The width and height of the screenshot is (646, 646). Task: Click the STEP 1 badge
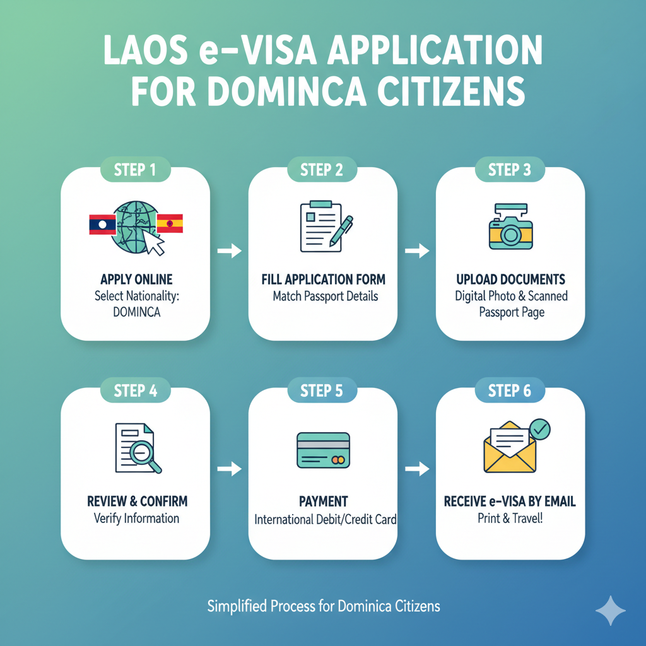point(135,170)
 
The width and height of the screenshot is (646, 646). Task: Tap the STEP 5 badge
point(322,391)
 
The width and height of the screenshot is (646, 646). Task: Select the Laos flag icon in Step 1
point(102,224)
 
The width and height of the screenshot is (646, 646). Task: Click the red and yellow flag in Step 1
point(169,223)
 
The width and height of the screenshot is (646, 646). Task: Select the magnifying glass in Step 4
point(146,455)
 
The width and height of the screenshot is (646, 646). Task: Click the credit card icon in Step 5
point(322,450)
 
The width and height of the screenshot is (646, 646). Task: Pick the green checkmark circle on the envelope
point(540,429)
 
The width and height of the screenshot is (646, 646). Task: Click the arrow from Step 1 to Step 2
point(229,251)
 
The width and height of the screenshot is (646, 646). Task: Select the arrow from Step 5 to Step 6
point(416,469)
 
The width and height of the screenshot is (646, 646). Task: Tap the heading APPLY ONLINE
point(136,279)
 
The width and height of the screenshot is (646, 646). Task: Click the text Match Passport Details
point(325,295)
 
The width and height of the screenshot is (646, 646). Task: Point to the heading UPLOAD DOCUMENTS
point(511,279)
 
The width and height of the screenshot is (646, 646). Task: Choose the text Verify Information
point(136,518)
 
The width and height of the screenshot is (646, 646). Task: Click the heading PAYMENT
point(323,502)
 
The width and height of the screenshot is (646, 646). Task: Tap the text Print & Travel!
point(510,518)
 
